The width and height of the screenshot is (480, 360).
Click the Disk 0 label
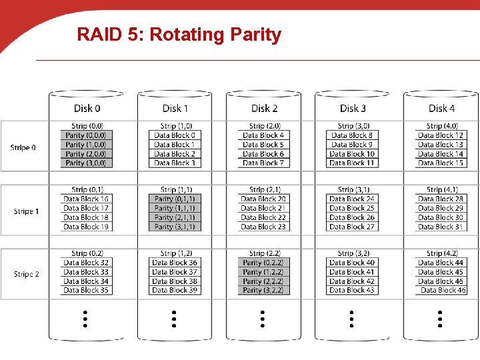pyautogui.click(x=87, y=108)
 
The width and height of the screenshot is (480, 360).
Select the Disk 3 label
pyautogui.click(x=353, y=108)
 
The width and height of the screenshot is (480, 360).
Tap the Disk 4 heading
pyautogui.click(x=441, y=108)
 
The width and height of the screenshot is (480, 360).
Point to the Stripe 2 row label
pyautogui.click(x=26, y=274)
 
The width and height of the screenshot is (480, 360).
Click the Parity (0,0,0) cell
pyautogui.click(x=85, y=135)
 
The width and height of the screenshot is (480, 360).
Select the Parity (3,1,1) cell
pyautogui.click(x=174, y=227)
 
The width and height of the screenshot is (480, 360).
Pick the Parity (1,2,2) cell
pyautogui.click(x=263, y=272)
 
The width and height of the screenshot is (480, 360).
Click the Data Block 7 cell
pyautogui.click(x=263, y=163)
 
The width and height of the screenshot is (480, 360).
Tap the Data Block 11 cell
pyautogui.click(x=352, y=163)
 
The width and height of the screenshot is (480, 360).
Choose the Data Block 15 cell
pyautogui.click(x=441, y=163)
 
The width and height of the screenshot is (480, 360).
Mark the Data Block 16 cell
pyautogui.click(x=85, y=199)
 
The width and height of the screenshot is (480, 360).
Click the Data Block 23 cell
pyautogui.click(x=263, y=227)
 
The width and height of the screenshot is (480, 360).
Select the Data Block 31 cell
pyautogui.click(x=441, y=227)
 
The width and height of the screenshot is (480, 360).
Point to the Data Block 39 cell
pyautogui.click(x=174, y=290)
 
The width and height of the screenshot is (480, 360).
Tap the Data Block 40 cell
pyautogui.click(x=352, y=263)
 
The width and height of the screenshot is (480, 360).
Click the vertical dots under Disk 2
pyautogui.click(x=263, y=319)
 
